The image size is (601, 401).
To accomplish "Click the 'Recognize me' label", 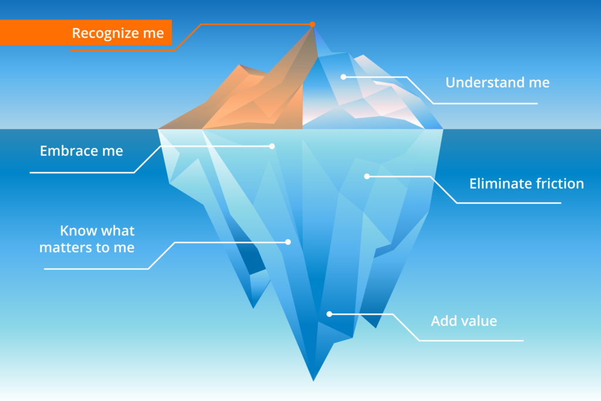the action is [117, 33].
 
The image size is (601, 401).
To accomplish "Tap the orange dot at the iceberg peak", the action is [312, 24].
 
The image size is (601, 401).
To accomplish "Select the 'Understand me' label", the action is [498, 82].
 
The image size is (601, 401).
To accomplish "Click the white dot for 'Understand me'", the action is [343, 77].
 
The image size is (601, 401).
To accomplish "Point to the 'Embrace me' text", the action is [81, 151].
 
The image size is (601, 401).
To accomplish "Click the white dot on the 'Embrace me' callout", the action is [272, 146].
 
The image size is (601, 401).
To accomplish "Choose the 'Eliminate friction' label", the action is [526, 184].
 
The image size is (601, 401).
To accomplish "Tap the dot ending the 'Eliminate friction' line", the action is [367, 176].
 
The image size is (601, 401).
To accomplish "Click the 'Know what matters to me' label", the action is [87, 239].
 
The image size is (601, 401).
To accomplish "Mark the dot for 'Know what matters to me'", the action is [288, 242].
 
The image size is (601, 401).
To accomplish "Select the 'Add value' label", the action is [464, 321].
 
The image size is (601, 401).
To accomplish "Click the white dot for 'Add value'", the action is [329, 314].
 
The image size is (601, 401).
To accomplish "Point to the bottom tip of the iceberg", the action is [313, 381].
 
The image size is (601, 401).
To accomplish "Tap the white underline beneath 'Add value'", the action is [471, 341].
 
